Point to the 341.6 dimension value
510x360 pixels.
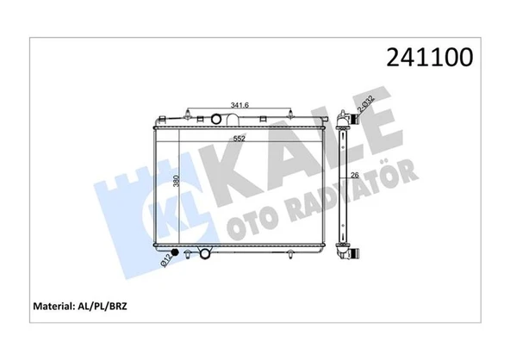pyautogui.click(x=239, y=106)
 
